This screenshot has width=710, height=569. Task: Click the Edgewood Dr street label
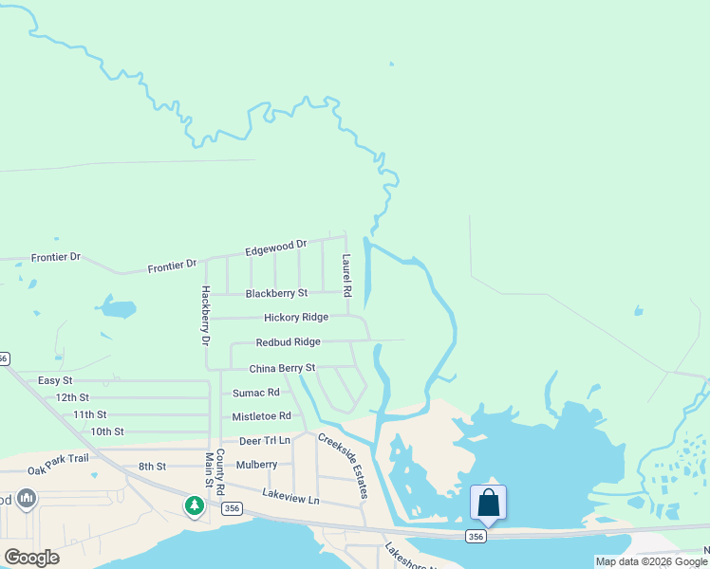pos(275,248)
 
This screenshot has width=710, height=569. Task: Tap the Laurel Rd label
pos(347,274)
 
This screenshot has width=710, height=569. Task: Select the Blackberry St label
pos(276,294)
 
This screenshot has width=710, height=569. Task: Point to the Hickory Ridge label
pos(296,318)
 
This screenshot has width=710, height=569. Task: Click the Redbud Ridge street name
pos(288,342)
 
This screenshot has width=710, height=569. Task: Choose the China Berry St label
pos(282,368)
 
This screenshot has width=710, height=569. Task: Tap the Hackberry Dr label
pos(205,314)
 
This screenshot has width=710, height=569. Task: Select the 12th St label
pos(72,397)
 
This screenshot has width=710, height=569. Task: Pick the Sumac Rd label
pos(256,392)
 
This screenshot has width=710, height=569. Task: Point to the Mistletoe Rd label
pos(261,416)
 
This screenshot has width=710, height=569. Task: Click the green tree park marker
pos(195,505)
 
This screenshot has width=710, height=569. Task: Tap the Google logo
pos(31,558)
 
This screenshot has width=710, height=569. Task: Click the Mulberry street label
pos(256,465)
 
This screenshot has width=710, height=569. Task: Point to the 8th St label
pos(152,467)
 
